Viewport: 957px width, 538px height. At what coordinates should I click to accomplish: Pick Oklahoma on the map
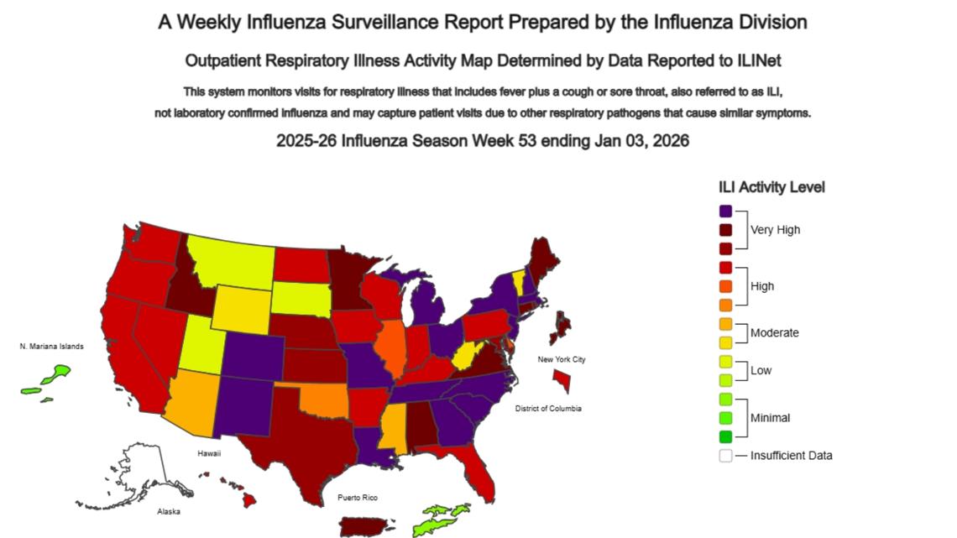323,400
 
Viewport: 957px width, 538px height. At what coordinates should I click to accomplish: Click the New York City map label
562,360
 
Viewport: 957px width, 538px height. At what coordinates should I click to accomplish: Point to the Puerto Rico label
358,498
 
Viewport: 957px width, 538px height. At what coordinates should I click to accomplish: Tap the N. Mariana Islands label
52,347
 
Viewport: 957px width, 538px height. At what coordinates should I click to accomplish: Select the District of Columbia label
547,409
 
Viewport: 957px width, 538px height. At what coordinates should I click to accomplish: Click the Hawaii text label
209,453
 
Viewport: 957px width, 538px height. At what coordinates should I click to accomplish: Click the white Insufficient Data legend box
725,456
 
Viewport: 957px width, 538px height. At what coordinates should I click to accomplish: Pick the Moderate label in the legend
774,333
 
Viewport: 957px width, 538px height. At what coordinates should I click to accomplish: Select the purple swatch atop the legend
725,212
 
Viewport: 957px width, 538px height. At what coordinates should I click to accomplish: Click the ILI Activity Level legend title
771,187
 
